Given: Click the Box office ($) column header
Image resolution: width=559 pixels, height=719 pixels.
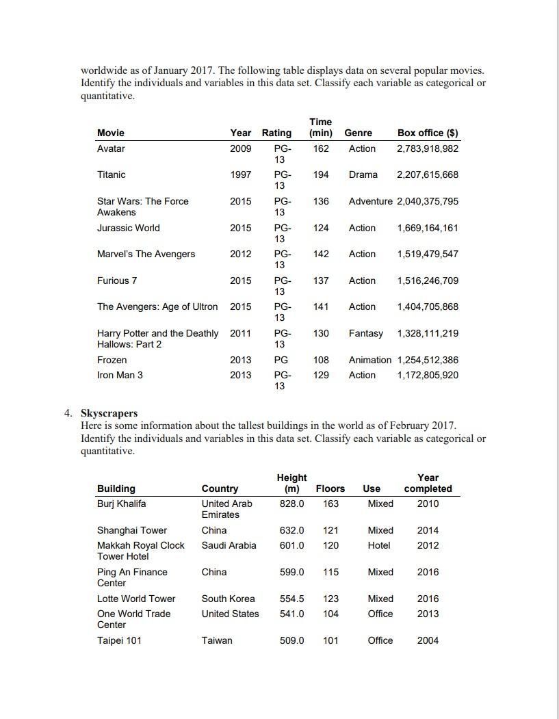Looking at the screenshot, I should [x=428, y=133].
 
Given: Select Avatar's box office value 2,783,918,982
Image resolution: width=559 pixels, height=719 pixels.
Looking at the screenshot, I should [x=428, y=148].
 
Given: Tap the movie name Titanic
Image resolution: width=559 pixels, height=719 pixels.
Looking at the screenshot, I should [x=112, y=174].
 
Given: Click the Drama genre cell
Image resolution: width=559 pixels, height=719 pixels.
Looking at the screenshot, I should [x=363, y=174].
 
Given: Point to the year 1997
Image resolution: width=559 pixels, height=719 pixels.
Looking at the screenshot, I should [x=240, y=174].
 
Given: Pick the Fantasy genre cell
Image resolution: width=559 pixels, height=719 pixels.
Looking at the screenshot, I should [x=366, y=333].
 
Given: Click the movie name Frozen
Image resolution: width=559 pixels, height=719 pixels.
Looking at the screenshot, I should [x=112, y=360].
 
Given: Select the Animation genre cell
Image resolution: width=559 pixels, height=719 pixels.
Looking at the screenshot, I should [x=370, y=360].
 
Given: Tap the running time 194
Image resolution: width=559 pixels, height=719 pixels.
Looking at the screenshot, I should [x=321, y=174].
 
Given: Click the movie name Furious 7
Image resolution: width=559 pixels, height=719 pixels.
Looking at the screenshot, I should [x=117, y=280].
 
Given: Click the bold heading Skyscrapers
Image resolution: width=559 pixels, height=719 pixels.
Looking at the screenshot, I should [x=109, y=413].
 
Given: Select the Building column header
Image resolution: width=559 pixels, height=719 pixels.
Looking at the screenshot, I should [x=116, y=488].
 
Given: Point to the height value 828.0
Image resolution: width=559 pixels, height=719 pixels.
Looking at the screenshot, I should [x=292, y=504].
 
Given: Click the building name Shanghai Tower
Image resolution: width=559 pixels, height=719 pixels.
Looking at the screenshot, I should [x=132, y=530].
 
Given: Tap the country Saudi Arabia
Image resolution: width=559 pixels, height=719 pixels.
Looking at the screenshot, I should [x=229, y=545].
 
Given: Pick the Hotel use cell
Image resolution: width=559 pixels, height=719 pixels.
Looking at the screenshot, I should [x=379, y=545].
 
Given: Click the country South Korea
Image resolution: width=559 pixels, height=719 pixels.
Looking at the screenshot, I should [x=228, y=599].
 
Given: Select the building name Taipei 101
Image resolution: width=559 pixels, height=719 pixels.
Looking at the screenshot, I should [x=119, y=640].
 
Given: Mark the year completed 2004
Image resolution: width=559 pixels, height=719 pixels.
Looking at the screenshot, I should [x=428, y=640].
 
